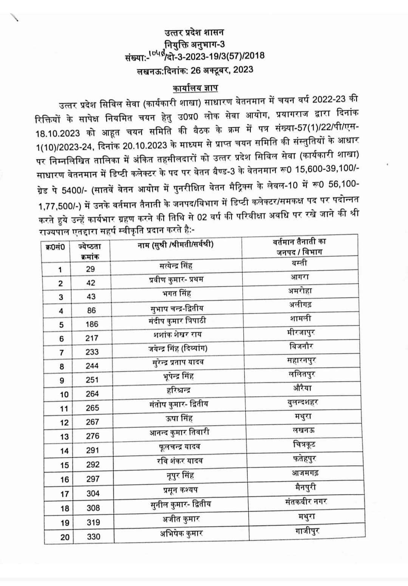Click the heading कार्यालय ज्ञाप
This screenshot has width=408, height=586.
(195, 88)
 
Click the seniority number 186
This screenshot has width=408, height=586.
(92, 324)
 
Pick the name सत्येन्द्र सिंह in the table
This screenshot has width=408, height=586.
(176, 266)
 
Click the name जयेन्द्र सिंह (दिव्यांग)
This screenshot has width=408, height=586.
(178, 348)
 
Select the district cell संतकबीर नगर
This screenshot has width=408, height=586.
(306, 502)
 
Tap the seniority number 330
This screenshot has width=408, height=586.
(93, 537)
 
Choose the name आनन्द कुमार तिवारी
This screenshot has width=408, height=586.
(179, 432)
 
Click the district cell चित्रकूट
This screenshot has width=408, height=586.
(304, 445)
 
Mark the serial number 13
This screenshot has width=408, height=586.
(64, 437)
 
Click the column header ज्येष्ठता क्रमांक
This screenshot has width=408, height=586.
(90, 251)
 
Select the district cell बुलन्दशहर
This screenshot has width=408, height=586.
(303, 402)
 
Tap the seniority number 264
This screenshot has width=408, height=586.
(92, 394)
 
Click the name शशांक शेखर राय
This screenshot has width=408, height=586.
(178, 334)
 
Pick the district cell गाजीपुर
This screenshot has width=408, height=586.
(307, 531)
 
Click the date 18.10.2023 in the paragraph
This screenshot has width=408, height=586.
(58, 133)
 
